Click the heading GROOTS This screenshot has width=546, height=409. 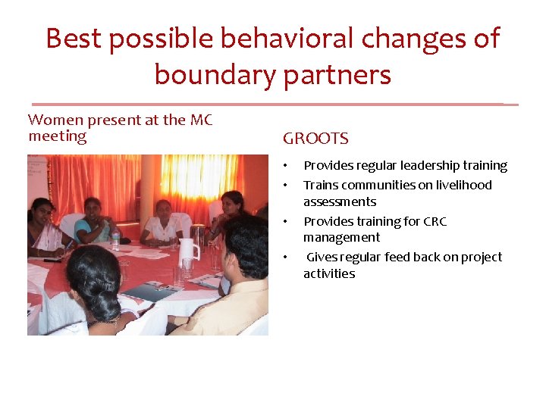click(315, 139)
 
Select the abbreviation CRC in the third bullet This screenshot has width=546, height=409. click(435, 221)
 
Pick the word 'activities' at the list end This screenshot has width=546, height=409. click(329, 273)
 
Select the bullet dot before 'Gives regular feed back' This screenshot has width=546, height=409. click(286, 258)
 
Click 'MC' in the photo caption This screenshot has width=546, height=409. click(200, 120)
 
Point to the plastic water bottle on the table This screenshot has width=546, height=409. click(116, 241)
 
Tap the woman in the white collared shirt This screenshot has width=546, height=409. click(162, 221)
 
